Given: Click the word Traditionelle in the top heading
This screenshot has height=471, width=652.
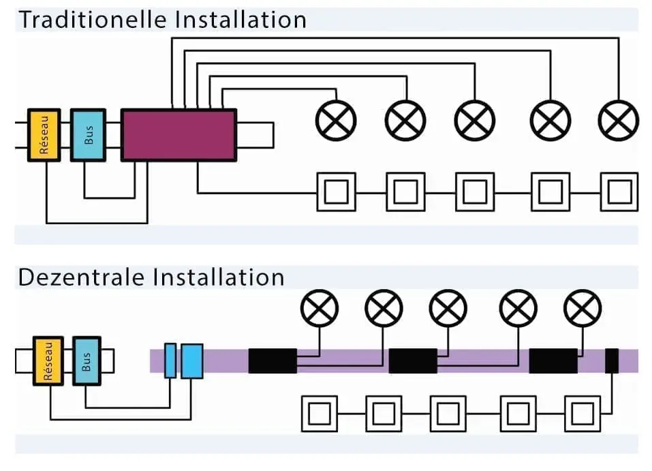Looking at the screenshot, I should click(x=93, y=19).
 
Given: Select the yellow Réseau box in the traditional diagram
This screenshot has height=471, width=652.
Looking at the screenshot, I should click(x=44, y=135).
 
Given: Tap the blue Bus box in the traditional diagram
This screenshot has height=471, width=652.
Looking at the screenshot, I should click(x=89, y=135).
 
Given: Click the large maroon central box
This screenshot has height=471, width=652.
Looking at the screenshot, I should click(x=178, y=134).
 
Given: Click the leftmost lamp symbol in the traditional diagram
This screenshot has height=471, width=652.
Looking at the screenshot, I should click(x=336, y=121).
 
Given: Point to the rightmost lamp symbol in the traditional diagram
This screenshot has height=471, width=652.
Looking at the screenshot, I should click(x=619, y=121).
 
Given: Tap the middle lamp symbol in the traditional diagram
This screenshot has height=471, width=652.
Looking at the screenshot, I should click(x=476, y=121).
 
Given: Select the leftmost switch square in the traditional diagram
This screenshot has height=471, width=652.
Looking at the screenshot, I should click(x=337, y=192).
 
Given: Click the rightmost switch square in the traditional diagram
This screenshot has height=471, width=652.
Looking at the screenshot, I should click(x=619, y=192).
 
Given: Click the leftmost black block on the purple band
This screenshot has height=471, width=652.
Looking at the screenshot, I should click(x=273, y=361).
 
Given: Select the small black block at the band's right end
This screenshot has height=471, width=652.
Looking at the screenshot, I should click(x=612, y=361).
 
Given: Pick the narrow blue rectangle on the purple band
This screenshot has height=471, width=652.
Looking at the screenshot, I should click(x=170, y=361).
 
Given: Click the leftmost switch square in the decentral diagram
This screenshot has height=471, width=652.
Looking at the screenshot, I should click(x=320, y=413).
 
